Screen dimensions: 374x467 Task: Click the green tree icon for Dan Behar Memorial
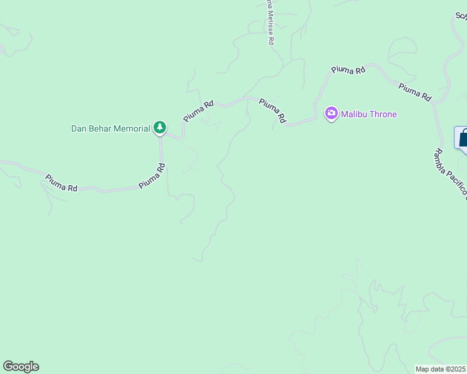coord(160,128)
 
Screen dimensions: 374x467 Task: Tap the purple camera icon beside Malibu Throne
coord(331,113)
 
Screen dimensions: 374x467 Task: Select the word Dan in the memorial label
coord(78,129)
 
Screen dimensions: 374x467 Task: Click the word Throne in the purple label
coord(383,114)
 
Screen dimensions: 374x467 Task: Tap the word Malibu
coord(353,114)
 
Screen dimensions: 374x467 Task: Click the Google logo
coord(21,367)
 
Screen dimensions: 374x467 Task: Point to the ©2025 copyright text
coord(454,369)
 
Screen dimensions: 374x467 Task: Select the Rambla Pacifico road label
coord(451,174)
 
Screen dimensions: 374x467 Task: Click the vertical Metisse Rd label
coord(270,22)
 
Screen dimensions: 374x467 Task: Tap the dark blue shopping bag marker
coord(463,138)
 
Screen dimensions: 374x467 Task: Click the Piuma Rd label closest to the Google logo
coord(61,183)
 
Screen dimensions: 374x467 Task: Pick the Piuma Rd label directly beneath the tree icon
coord(153,176)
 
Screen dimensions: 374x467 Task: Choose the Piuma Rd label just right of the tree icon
coord(199,111)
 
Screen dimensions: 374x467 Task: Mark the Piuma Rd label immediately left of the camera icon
coord(273,112)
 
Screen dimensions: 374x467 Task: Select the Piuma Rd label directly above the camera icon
coord(348,70)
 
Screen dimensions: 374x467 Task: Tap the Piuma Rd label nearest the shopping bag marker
coord(415,92)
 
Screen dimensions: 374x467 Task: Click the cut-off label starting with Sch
coord(462,16)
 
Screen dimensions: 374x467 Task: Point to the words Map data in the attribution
coord(429,369)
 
